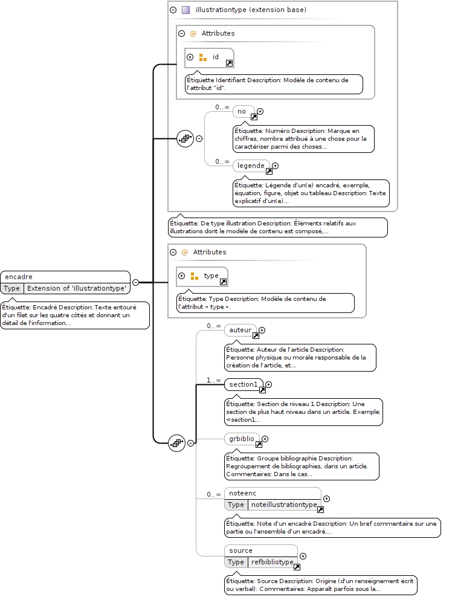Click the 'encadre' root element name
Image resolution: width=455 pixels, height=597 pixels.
coord(19,277)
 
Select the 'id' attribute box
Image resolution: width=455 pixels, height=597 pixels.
coord(209,58)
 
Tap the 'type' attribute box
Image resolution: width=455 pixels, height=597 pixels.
coord(202,276)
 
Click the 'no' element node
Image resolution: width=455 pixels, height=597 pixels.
coord(244,111)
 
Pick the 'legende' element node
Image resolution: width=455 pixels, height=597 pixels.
coord(251,166)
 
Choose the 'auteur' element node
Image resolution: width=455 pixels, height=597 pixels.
coord(240,330)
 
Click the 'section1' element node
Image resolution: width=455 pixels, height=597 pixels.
coord(244,384)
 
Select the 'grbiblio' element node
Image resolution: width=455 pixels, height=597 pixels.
coord(242,439)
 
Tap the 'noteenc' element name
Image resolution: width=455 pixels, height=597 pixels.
coord(242,494)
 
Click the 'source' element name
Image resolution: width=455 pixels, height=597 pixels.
coord(240,551)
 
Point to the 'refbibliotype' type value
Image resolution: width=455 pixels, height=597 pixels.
coord(273,562)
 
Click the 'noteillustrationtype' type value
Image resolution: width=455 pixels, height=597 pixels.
coord(284,505)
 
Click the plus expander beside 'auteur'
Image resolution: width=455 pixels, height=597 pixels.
coord(262,330)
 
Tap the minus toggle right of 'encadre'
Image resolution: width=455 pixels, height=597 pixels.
coord(135,283)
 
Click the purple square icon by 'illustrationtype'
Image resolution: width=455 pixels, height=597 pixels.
coord(186,10)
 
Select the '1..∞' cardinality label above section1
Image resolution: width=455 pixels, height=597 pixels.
coord(214,380)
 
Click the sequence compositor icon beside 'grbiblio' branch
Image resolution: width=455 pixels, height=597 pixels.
coord(176,443)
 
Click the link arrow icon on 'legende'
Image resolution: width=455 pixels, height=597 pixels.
coord(269,172)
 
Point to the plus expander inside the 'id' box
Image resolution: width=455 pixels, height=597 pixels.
coord(190,57)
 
